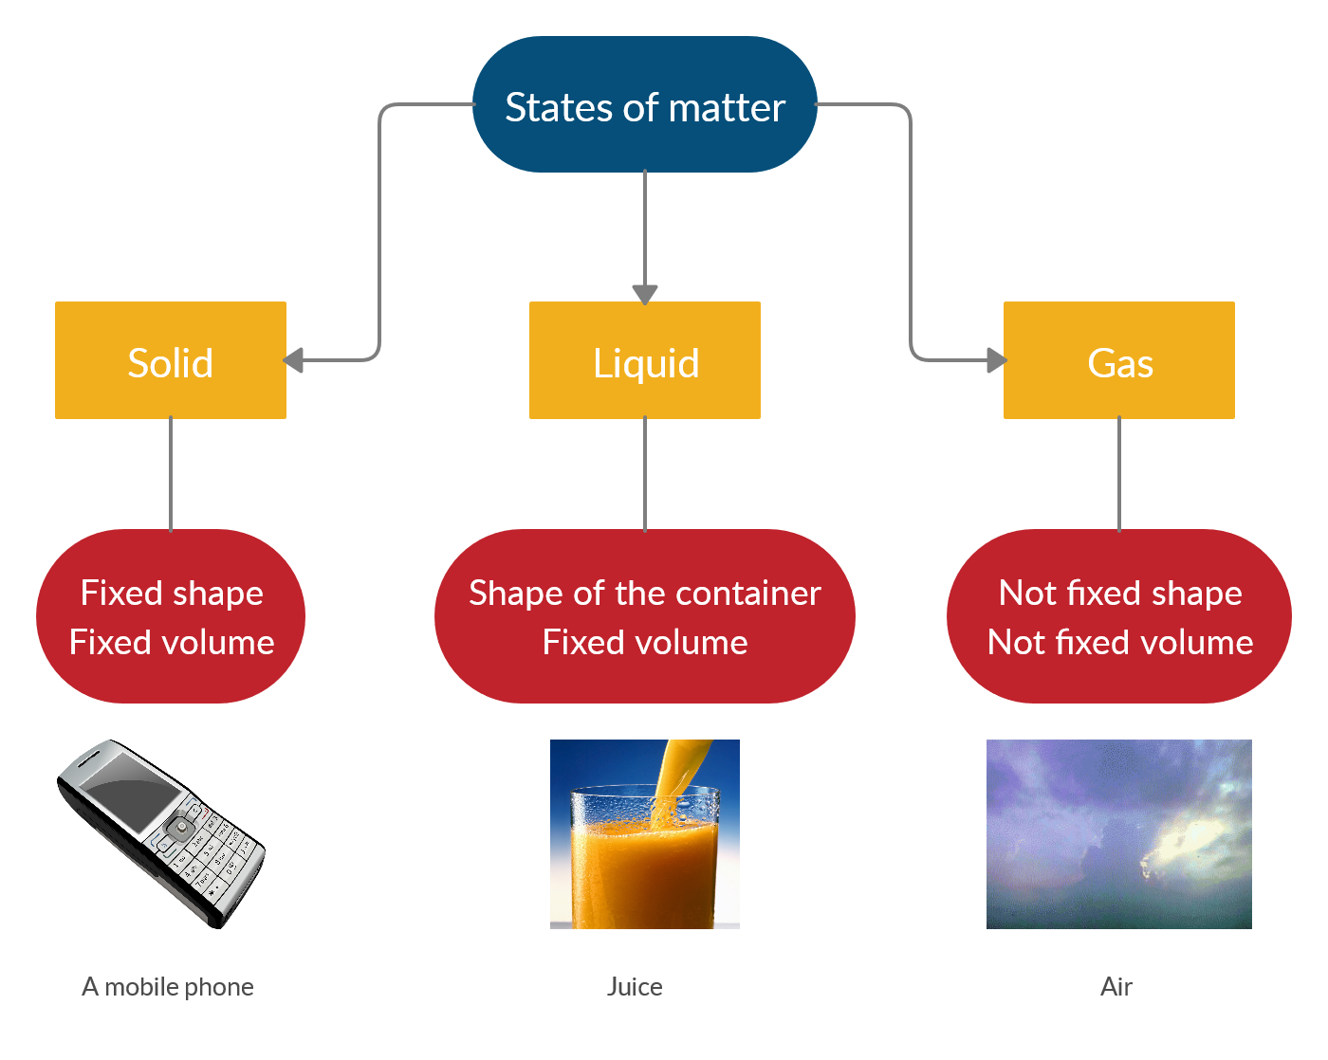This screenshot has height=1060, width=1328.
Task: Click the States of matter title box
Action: tap(644, 103)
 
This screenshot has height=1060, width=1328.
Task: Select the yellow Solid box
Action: tap(171, 359)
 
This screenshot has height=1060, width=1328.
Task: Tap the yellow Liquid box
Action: tap(644, 359)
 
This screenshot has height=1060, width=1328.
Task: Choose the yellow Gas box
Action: tap(1118, 359)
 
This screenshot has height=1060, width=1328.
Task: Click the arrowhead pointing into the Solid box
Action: tap(293, 359)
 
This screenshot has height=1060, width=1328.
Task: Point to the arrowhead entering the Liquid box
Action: tap(644, 294)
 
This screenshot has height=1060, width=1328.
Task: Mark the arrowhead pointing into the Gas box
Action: tap(997, 359)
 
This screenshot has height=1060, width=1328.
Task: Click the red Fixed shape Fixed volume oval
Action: tap(171, 615)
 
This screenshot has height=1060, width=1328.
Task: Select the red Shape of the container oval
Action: tap(644, 615)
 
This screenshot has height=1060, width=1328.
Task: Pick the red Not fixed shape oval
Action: tap(1118, 615)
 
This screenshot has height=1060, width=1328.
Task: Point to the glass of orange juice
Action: tap(644, 858)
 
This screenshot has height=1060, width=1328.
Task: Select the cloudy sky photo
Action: tap(1118, 833)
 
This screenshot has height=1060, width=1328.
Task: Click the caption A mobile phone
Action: tap(167, 987)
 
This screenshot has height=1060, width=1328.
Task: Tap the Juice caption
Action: tap(635, 987)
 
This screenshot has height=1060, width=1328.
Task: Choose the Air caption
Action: tap(1116, 987)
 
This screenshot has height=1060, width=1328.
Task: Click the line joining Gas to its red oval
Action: tap(1118, 474)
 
